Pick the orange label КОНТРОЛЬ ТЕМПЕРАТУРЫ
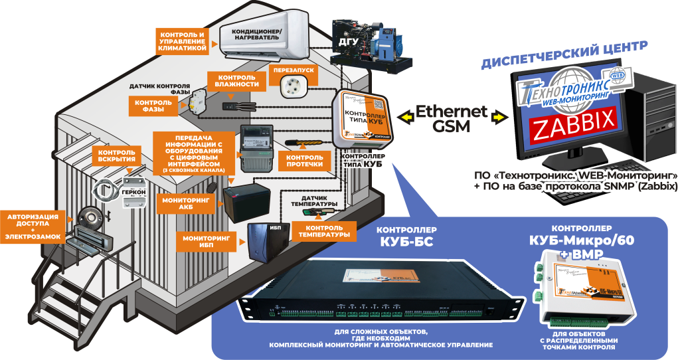323,230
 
